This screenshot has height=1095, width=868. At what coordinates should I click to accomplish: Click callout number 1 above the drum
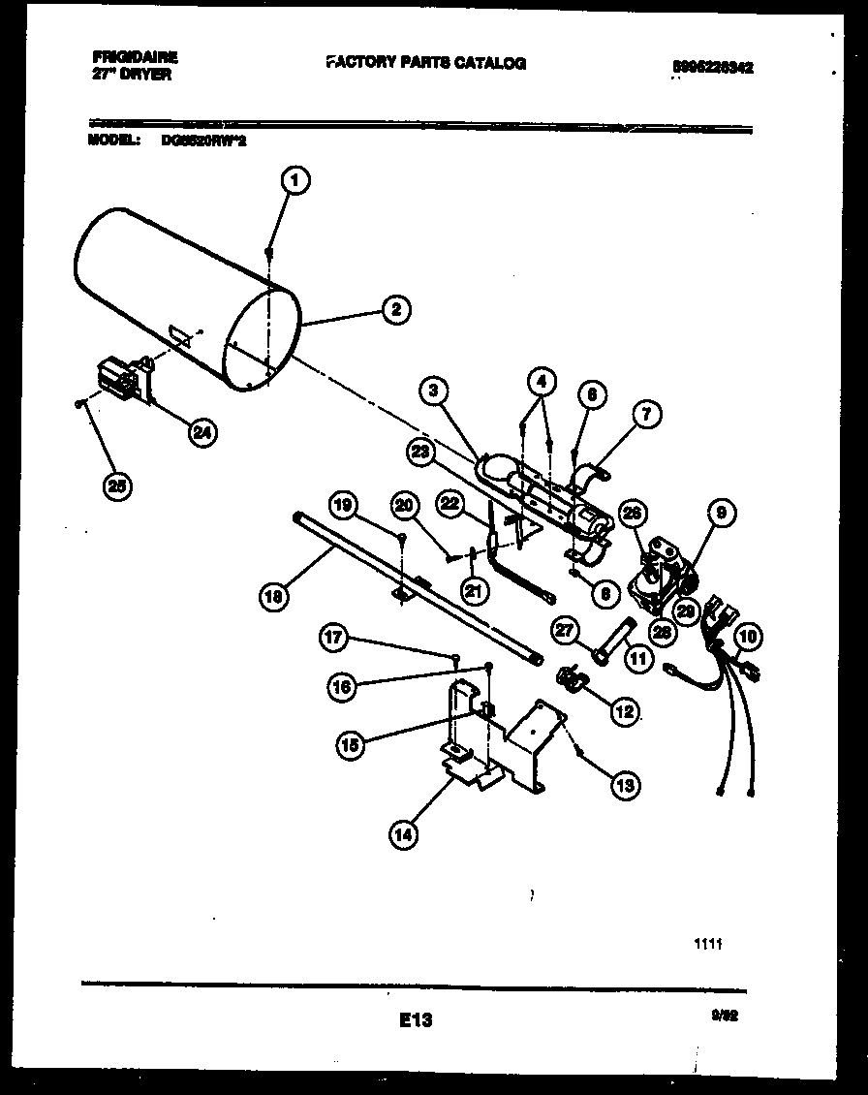coord(296,179)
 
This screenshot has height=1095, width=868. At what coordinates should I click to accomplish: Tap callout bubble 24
coord(203,433)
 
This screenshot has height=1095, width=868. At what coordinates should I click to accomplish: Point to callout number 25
coord(118,487)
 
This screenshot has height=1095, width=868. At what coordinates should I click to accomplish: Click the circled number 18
coord(275,597)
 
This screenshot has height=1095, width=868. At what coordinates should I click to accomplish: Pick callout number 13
coord(625,785)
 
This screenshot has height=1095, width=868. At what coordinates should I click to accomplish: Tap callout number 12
coord(623,711)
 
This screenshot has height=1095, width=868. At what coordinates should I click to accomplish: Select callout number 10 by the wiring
coord(748,637)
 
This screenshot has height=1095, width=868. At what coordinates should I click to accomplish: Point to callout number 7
coord(646,415)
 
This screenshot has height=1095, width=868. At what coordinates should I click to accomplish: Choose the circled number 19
coord(344,504)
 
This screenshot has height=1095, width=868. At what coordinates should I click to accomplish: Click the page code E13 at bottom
coord(414,1019)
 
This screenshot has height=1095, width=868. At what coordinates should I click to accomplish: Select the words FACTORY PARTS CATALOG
coord(426,63)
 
